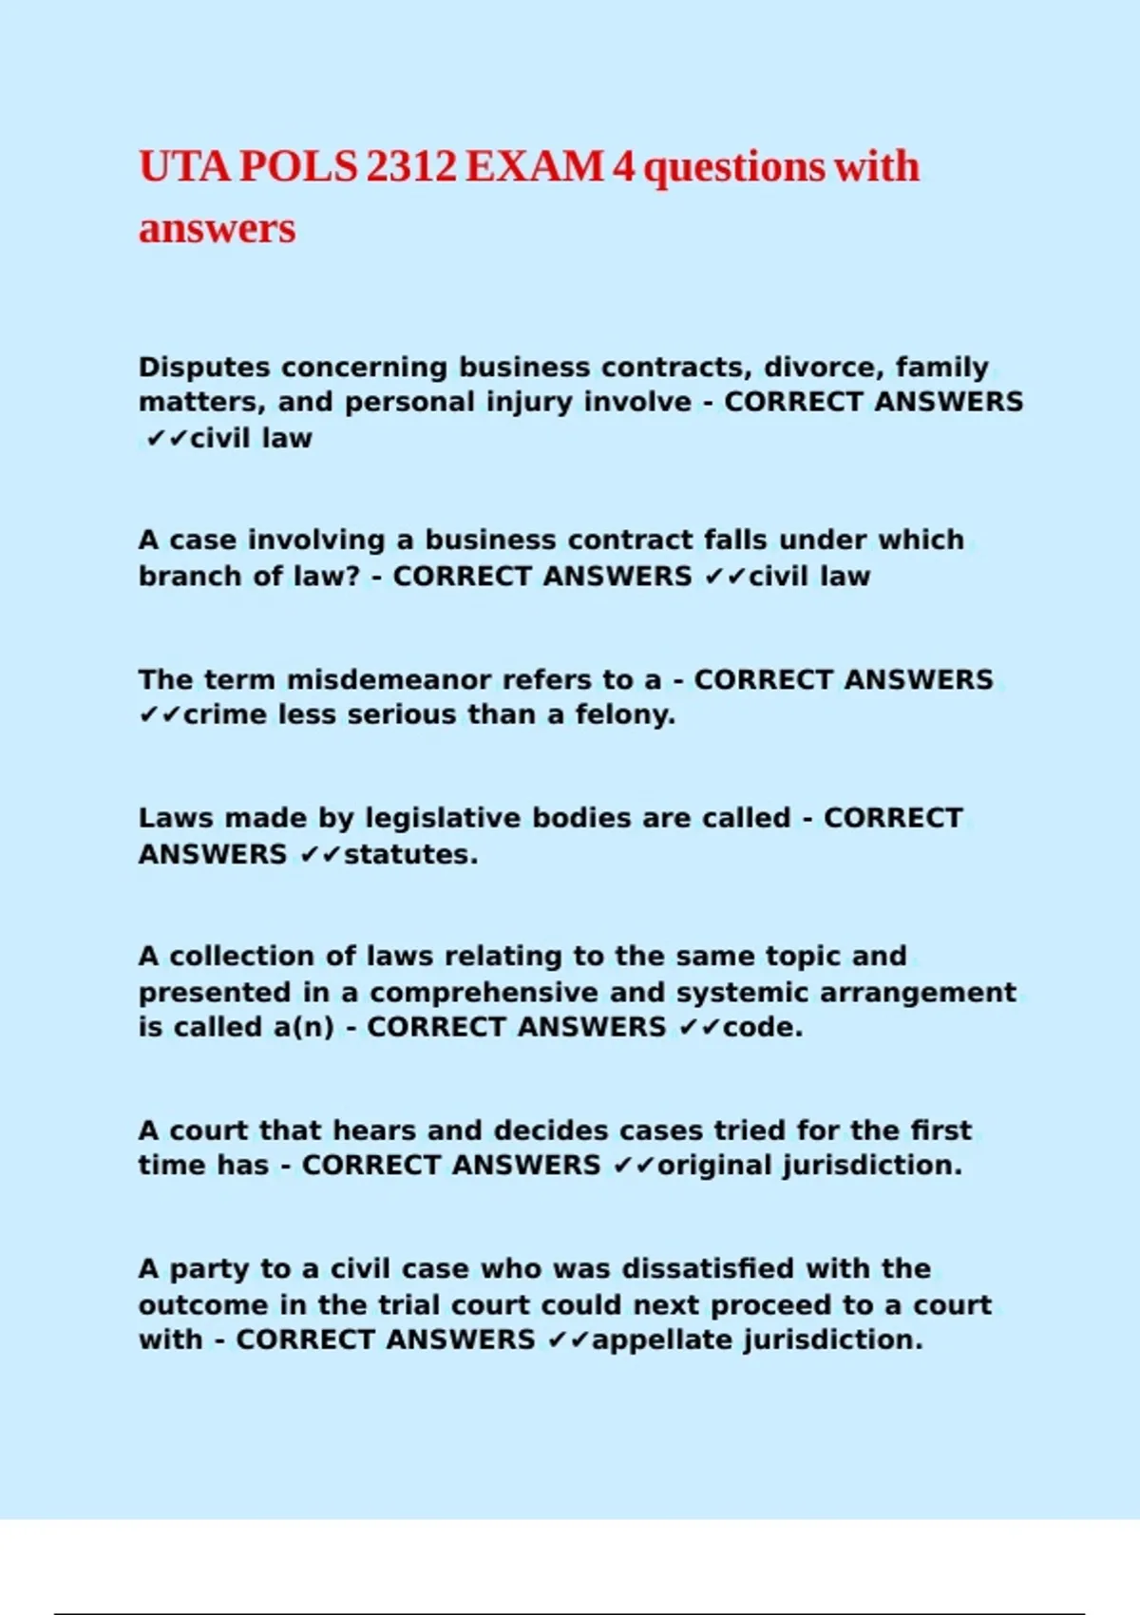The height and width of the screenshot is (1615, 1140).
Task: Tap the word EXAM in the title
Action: tap(535, 167)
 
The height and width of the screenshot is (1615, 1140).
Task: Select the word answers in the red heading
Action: tap(218, 229)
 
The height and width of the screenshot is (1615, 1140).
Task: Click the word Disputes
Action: tap(204, 367)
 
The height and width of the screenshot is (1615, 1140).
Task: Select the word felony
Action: tap(625, 714)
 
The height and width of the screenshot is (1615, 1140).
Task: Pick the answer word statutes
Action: tap(410, 854)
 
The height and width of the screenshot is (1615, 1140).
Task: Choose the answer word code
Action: tap(763, 1027)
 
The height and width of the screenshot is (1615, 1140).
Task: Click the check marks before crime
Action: tap(160, 714)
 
